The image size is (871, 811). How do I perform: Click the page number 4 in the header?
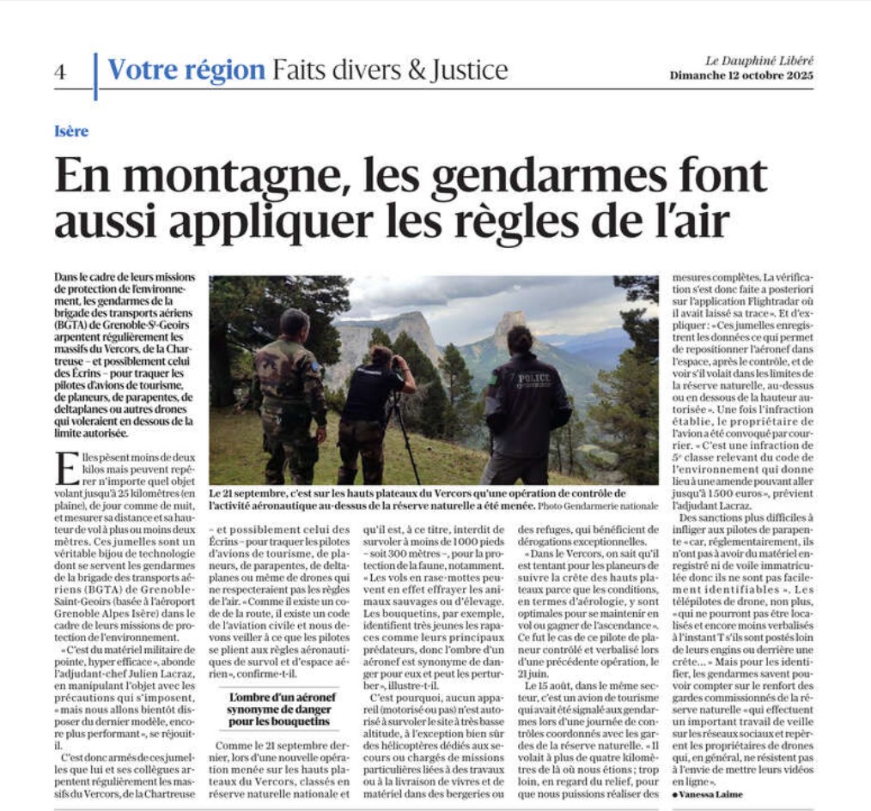59,72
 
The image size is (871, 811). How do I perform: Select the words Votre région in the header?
186,70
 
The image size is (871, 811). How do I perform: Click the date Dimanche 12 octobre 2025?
740,76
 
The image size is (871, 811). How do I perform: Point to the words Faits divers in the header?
336,70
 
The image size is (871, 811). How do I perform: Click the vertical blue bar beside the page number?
95,76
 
